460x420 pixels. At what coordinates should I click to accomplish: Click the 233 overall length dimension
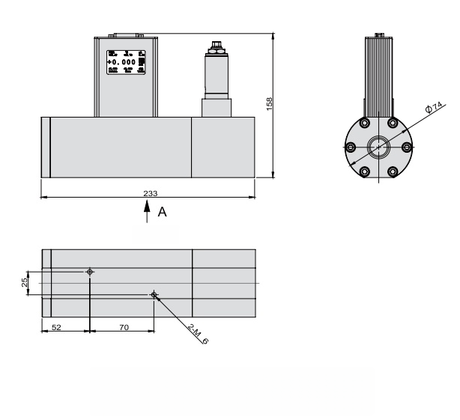[x=150, y=193]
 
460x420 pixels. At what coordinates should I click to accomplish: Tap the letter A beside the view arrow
[x=162, y=213]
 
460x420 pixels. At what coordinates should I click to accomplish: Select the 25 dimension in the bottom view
[x=25, y=282]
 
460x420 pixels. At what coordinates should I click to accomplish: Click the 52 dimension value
[x=56, y=328]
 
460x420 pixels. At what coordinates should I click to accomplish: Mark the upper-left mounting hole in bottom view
[x=90, y=271]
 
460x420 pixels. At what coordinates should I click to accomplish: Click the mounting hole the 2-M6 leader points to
[x=154, y=295]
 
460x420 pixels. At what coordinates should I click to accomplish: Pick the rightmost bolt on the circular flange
[x=408, y=147]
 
